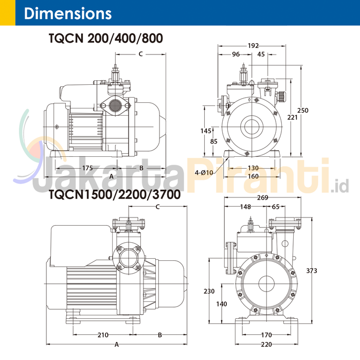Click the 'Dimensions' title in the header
(x=67, y=13)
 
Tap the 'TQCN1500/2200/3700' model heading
(x=114, y=195)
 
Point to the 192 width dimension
(x=253, y=46)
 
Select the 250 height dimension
(x=303, y=111)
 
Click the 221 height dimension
(x=292, y=117)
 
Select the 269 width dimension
(x=263, y=198)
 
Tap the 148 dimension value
(x=245, y=207)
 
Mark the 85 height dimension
(x=214, y=141)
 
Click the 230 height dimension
(x=209, y=291)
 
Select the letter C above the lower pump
(x=158, y=207)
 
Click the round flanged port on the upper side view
(x=116, y=106)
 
